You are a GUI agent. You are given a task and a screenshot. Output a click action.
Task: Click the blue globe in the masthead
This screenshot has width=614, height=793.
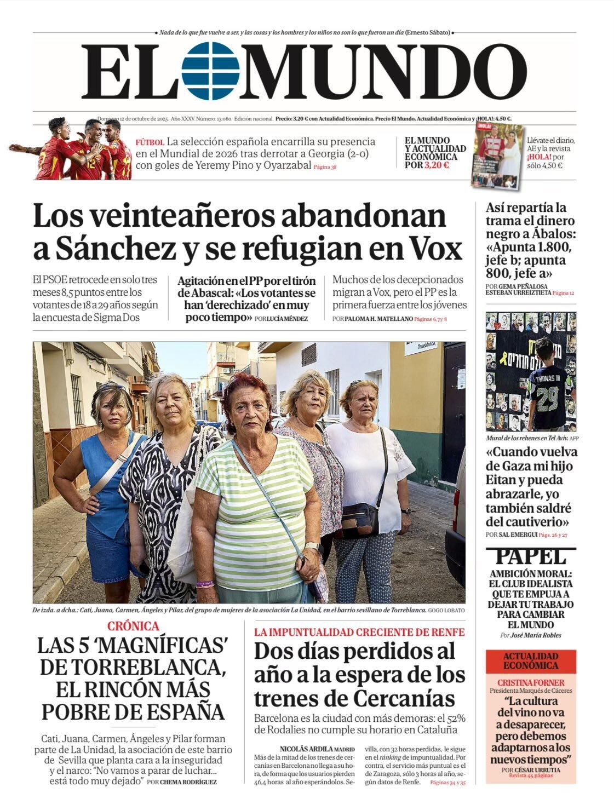(x=210, y=71)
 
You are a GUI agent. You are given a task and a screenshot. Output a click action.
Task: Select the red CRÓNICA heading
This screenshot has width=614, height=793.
(x=133, y=626)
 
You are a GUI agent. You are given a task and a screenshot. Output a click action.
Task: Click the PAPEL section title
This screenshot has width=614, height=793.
(x=530, y=557)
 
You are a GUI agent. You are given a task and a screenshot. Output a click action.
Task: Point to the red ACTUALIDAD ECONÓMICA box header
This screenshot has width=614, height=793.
(x=530, y=660)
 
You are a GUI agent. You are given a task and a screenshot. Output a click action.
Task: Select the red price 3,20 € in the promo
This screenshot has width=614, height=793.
(x=436, y=165)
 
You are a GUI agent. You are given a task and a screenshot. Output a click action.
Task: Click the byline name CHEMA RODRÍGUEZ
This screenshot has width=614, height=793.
(x=188, y=782)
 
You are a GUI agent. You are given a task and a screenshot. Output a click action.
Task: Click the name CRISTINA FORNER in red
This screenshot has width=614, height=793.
(x=530, y=682)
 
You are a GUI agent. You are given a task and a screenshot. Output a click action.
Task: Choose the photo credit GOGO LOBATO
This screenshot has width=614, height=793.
(x=446, y=610)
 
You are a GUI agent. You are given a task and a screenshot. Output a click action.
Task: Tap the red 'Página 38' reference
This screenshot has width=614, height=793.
(x=325, y=166)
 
